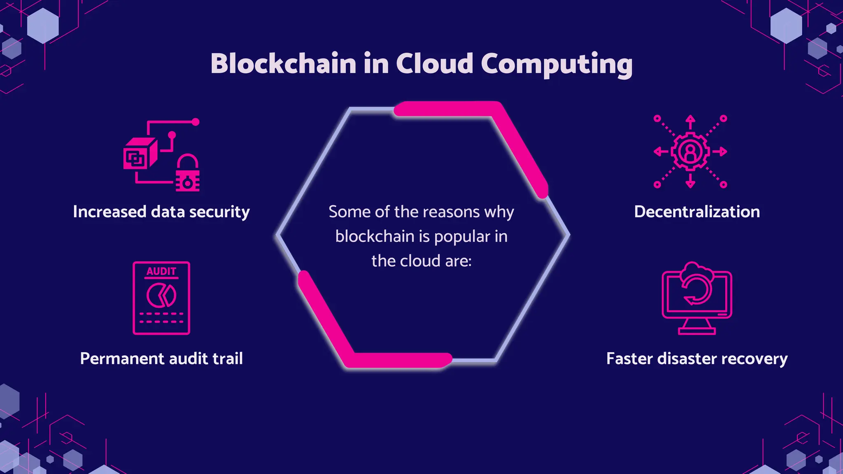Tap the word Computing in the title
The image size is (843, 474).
tap(556, 65)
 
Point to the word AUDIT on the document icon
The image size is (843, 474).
tap(161, 272)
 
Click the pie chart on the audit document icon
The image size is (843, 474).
tap(161, 295)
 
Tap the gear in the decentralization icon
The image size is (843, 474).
tap(690, 151)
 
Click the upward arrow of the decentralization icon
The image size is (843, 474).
tap(690, 122)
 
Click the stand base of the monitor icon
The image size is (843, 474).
tap(696, 331)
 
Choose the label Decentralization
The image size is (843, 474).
tap(697, 212)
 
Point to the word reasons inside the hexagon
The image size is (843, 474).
tap(437, 212)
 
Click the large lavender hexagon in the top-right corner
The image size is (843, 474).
tap(786, 26)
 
